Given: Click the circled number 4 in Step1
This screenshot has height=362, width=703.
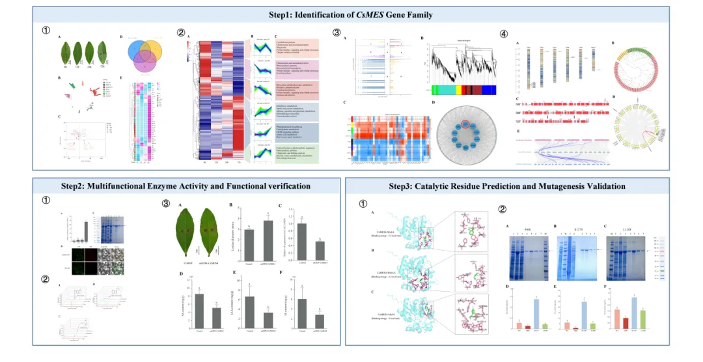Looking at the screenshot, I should pos(504,33).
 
